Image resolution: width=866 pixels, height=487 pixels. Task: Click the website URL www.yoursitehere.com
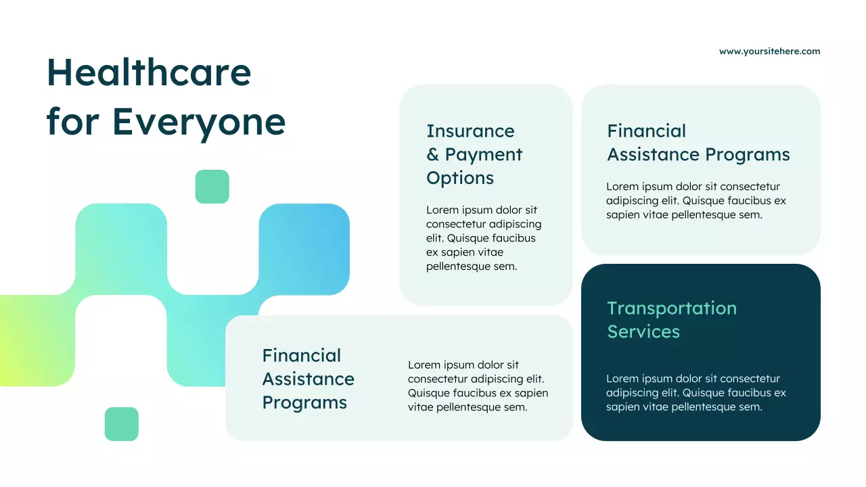[769, 51]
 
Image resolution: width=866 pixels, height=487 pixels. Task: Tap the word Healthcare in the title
[149, 72]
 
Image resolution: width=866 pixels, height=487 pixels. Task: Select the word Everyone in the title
[198, 122]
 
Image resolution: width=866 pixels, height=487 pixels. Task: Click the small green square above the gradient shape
[212, 187]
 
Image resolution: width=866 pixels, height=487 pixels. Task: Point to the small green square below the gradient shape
[122, 424]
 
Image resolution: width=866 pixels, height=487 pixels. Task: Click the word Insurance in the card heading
[470, 131]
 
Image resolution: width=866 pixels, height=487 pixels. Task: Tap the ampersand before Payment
[433, 155]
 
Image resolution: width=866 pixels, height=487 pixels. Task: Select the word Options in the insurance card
[460, 178]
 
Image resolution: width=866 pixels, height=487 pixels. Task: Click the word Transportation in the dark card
[672, 308]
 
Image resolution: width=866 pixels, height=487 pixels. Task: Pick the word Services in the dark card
[643, 331]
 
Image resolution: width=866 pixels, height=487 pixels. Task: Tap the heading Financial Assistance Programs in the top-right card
[698, 143]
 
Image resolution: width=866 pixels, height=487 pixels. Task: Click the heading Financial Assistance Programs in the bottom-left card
[309, 379]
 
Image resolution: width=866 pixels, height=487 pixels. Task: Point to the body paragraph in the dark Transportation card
[696, 393]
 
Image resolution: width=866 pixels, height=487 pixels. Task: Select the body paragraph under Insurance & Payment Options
[484, 238]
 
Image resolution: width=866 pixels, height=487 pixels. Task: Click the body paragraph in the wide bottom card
[478, 386]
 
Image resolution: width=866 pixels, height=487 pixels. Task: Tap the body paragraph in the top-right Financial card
[696, 201]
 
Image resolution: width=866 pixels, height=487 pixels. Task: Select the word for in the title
[72, 122]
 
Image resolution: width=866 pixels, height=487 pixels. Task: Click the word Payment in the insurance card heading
[484, 155]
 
